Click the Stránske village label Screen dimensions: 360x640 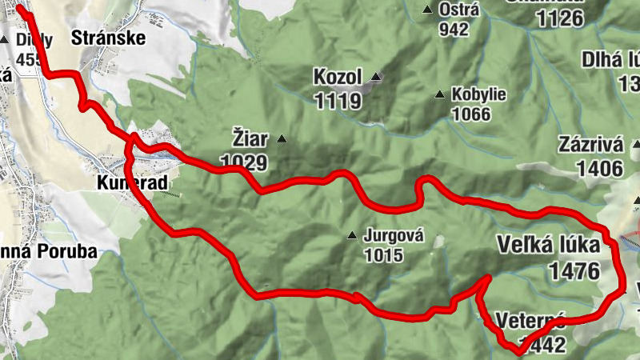(107, 37)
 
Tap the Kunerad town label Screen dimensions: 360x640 (132, 183)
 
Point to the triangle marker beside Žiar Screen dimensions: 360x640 (281, 139)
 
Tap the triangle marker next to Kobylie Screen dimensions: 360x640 (439, 94)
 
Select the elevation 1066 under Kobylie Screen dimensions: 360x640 (470, 114)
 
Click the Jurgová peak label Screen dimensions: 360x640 (392, 237)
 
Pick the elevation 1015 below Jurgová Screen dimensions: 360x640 (383, 256)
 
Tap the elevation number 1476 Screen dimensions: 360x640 (574, 271)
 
